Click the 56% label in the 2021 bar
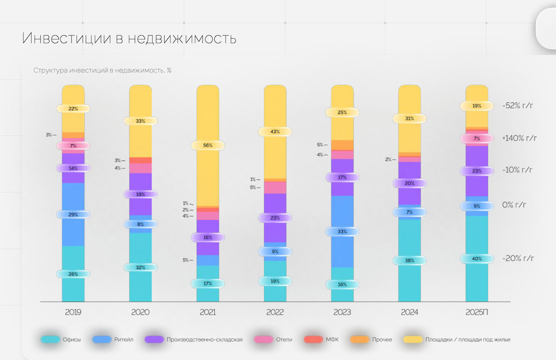point(208,146)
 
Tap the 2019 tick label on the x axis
point(73,312)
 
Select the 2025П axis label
point(477,312)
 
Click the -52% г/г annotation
point(517,106)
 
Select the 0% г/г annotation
point(514,205)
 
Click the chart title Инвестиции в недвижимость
point(129,39)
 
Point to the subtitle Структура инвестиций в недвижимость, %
point(102,71)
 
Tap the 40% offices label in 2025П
point(477,259)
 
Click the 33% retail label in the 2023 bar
point(342,232)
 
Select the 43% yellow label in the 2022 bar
point(275,132)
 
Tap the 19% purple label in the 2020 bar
point(140,194)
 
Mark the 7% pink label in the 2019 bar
point(73,146)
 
